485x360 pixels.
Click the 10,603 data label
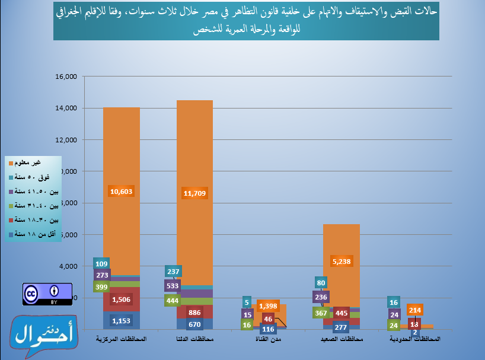click(x=122, y=191)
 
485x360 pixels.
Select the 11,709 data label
click(x=195, y=193)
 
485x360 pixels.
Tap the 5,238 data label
click(x=342, y=260)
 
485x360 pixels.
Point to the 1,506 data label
click(x=122, y=300)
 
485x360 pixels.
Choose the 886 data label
click(x=195, y=312)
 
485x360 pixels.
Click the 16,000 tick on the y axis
click(x=66, y=77)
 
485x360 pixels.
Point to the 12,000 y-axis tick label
click(x=66, y=140)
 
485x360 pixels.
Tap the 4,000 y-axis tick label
click(x=68, y=266)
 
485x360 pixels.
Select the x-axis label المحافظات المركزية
click(x=121, y=339)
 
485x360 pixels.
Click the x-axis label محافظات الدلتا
click(x=195, y=339)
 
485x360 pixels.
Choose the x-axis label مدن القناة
click(x=268, y=339)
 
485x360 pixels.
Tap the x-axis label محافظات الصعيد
click(x=342, y=339)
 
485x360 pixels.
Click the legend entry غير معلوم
click(x=33, y=163)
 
